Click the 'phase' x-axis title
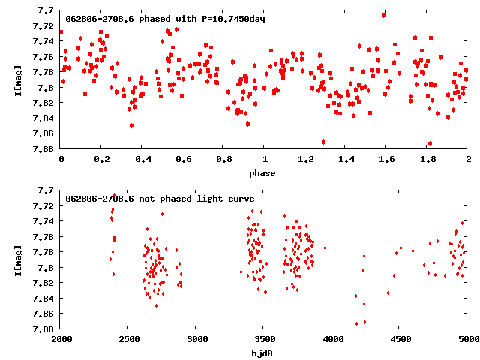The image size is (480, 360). tap(262, 174)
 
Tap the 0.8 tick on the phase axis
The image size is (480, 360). tap(223, 159)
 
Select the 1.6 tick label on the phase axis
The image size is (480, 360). tap(387, 159)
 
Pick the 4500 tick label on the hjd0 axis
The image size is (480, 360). tap(400, 339)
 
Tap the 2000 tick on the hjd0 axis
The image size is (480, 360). tap(61, 339)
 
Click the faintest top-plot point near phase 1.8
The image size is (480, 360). tap(430, 143)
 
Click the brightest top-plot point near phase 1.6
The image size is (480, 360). tap(383, 14)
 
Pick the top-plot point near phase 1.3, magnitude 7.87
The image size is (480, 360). tap(323, 142)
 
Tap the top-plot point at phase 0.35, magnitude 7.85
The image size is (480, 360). tap(131, 125)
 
